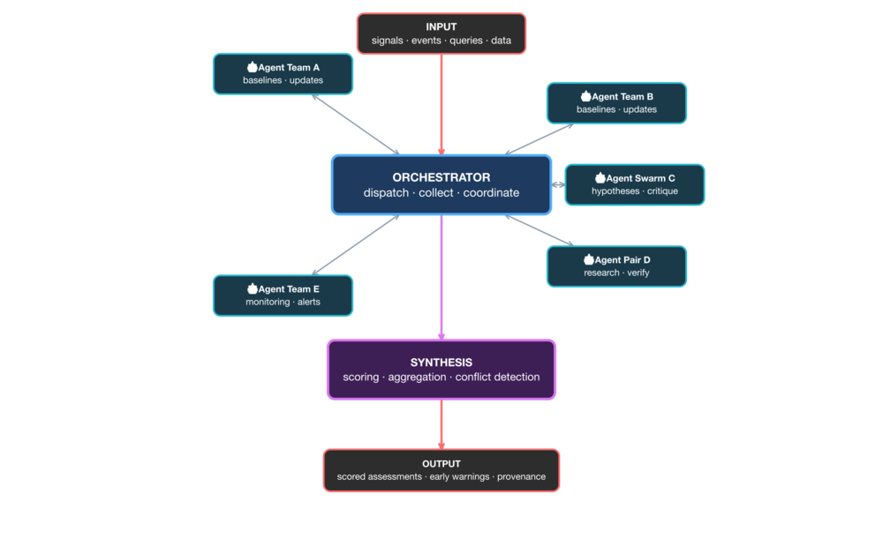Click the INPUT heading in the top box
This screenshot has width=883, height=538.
pos(441,26)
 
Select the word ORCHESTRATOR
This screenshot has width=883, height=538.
pos(441,177)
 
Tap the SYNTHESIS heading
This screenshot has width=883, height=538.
pos(441,362)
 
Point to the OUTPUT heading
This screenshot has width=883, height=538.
pos(441,463)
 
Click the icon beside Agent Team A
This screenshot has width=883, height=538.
pos(252,67)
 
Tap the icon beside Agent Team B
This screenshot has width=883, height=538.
pos(585,96)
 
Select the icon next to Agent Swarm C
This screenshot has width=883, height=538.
pos(600,178)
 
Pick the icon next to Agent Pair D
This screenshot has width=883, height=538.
pos(589,259)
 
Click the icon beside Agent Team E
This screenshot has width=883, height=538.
pos(252,288)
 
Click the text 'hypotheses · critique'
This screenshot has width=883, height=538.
pos(635,191)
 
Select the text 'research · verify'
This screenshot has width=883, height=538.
pos(616,273)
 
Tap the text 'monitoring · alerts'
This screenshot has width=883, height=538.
pos(283,302)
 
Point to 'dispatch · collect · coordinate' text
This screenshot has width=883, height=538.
pos(441,193)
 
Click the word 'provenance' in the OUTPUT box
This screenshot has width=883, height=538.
pos(521,477)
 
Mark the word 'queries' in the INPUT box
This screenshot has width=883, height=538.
pos(467,41)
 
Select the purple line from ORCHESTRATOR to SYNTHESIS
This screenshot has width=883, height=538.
pos(441,273)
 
